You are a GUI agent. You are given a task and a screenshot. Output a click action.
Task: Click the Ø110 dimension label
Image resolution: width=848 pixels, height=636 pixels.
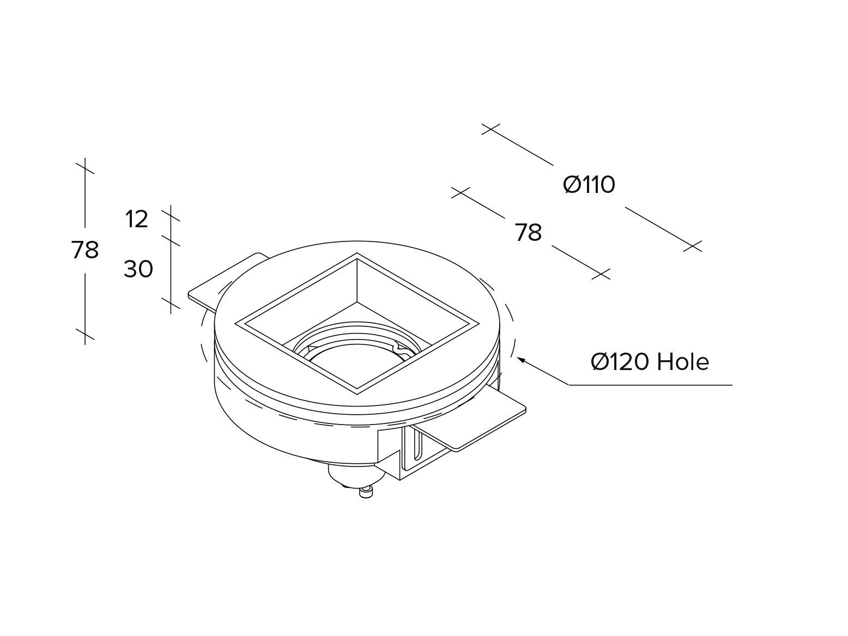click(x=589, y=185)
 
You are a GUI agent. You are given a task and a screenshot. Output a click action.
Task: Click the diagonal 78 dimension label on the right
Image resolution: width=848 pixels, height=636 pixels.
click(x=528, y=233)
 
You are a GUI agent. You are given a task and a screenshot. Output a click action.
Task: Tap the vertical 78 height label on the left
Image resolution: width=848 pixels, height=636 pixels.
click(x=85, y=250)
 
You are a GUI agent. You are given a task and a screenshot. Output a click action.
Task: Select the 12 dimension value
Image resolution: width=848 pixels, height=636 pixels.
click(x=136, y=220)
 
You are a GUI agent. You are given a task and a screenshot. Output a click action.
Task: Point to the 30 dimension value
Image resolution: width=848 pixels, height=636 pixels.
click(x=138, y=269)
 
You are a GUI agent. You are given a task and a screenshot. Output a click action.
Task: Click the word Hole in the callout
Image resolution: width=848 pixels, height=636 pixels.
click(x=682, y=362)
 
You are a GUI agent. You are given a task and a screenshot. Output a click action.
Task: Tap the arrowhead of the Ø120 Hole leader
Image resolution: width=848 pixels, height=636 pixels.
click(x=520, y=359)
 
